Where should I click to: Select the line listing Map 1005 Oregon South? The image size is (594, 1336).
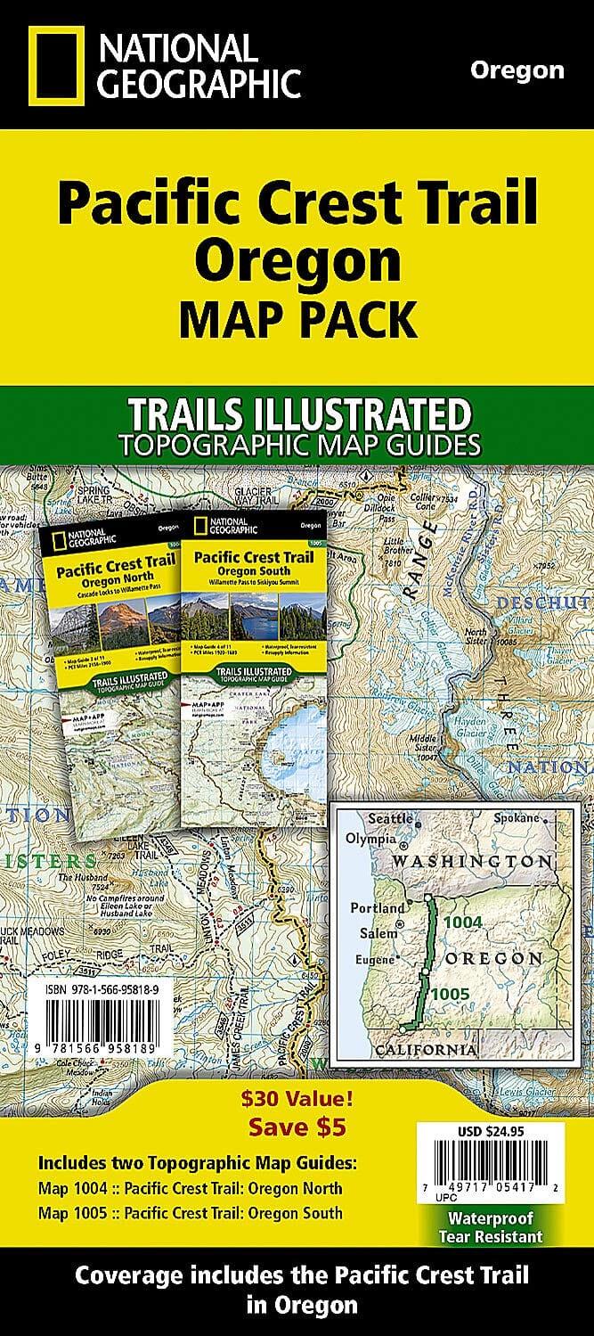coord(190,1212)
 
